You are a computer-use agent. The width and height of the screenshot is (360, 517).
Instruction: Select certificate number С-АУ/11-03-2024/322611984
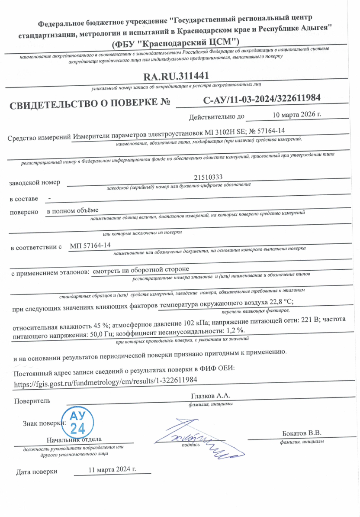[261, 98]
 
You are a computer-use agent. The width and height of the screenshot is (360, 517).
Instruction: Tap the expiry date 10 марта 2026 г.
[297, 115]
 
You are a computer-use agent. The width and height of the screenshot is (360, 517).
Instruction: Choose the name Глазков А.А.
[211, 396]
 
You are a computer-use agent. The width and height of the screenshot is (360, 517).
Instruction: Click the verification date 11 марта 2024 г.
[112, 469]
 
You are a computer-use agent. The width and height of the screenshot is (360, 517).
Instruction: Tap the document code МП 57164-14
[90, 246]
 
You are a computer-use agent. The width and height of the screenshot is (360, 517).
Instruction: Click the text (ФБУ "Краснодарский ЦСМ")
[175, 43]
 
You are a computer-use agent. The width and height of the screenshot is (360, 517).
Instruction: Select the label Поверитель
[32, 401]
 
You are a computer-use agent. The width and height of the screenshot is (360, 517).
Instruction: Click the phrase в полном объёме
[73, 210]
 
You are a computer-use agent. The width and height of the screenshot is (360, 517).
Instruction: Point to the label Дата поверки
[36, 472]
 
